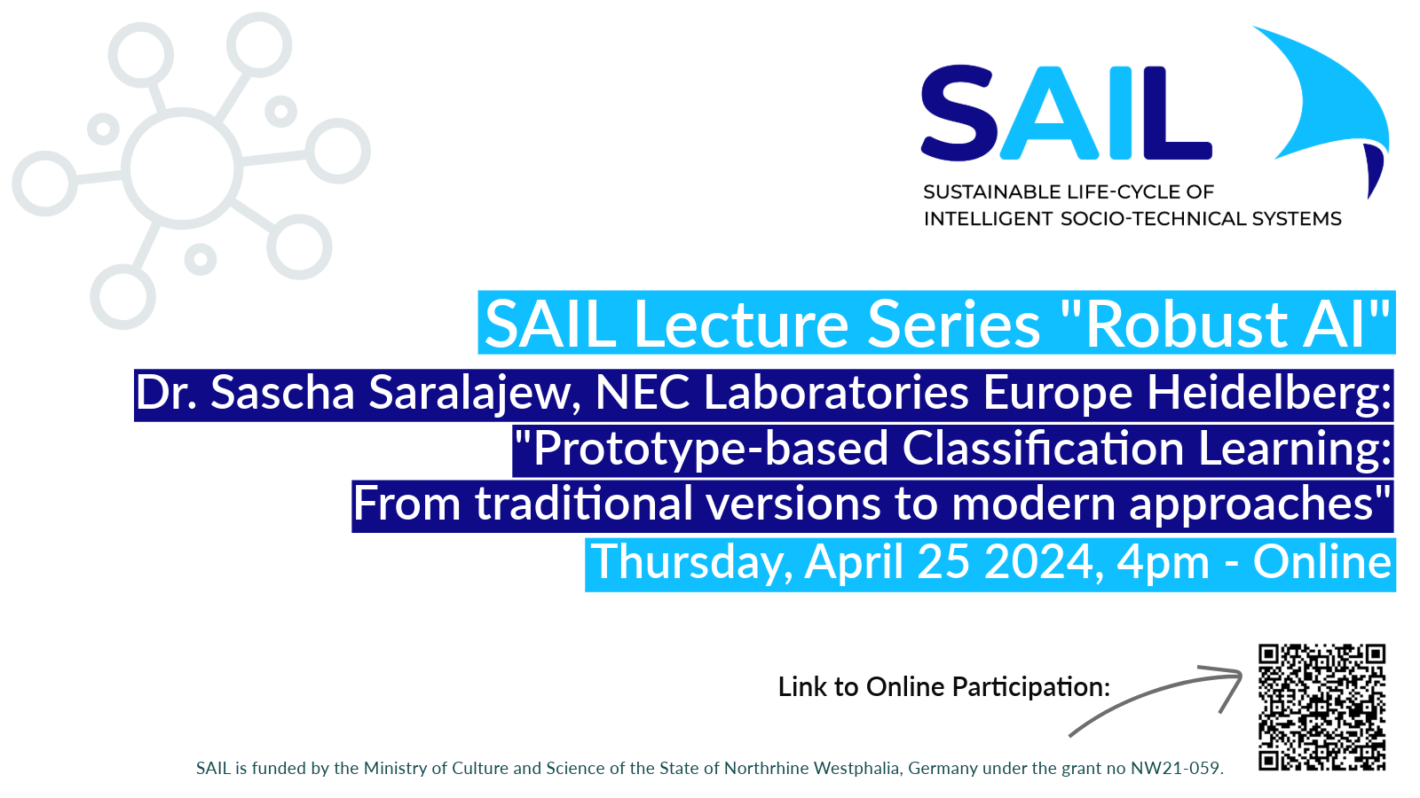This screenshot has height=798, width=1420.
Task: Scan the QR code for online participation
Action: [x=1321, y=707]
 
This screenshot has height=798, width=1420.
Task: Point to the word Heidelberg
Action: [x=1269, y=394]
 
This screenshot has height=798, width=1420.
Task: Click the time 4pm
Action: [x=1163, y=563]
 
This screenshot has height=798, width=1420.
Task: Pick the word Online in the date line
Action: [x=1322, y=563]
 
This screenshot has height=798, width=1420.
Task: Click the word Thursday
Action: [x=691, y=563]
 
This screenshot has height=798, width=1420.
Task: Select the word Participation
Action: [x=1030, y=687]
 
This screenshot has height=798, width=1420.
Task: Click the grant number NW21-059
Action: [x=1176, y=769]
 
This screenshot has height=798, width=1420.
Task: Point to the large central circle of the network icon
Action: [x=182, y=168]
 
